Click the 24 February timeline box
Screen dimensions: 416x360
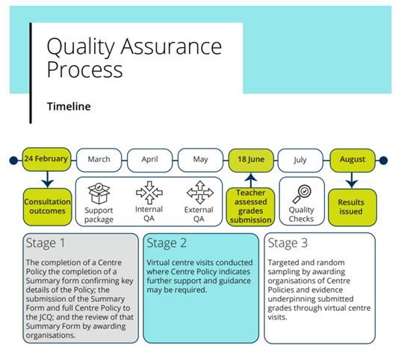point(47,159)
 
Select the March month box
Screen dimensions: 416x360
point(99,160)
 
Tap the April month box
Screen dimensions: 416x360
point(149,161)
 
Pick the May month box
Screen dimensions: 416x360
point(200,160)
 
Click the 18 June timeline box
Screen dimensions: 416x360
point(251,161)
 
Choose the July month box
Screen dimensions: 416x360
point(300,161)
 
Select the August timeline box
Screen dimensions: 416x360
point(353,161)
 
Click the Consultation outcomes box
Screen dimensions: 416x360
point(48,207)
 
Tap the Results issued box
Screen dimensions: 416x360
point(353,207)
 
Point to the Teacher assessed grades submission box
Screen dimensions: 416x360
point(251,207)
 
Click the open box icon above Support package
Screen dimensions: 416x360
point(99,193)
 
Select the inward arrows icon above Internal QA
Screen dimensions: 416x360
point(149,193)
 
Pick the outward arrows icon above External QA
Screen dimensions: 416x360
point(200,193)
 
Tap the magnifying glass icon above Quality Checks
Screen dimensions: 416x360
point(302,194)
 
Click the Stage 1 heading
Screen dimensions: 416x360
point(46,243)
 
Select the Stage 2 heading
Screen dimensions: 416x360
point(167,243)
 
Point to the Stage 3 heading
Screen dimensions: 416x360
point(288,243)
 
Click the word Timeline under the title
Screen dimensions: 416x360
point(69,106)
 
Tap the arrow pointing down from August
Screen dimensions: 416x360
point(352,180)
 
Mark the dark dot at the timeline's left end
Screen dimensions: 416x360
point(13,161)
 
